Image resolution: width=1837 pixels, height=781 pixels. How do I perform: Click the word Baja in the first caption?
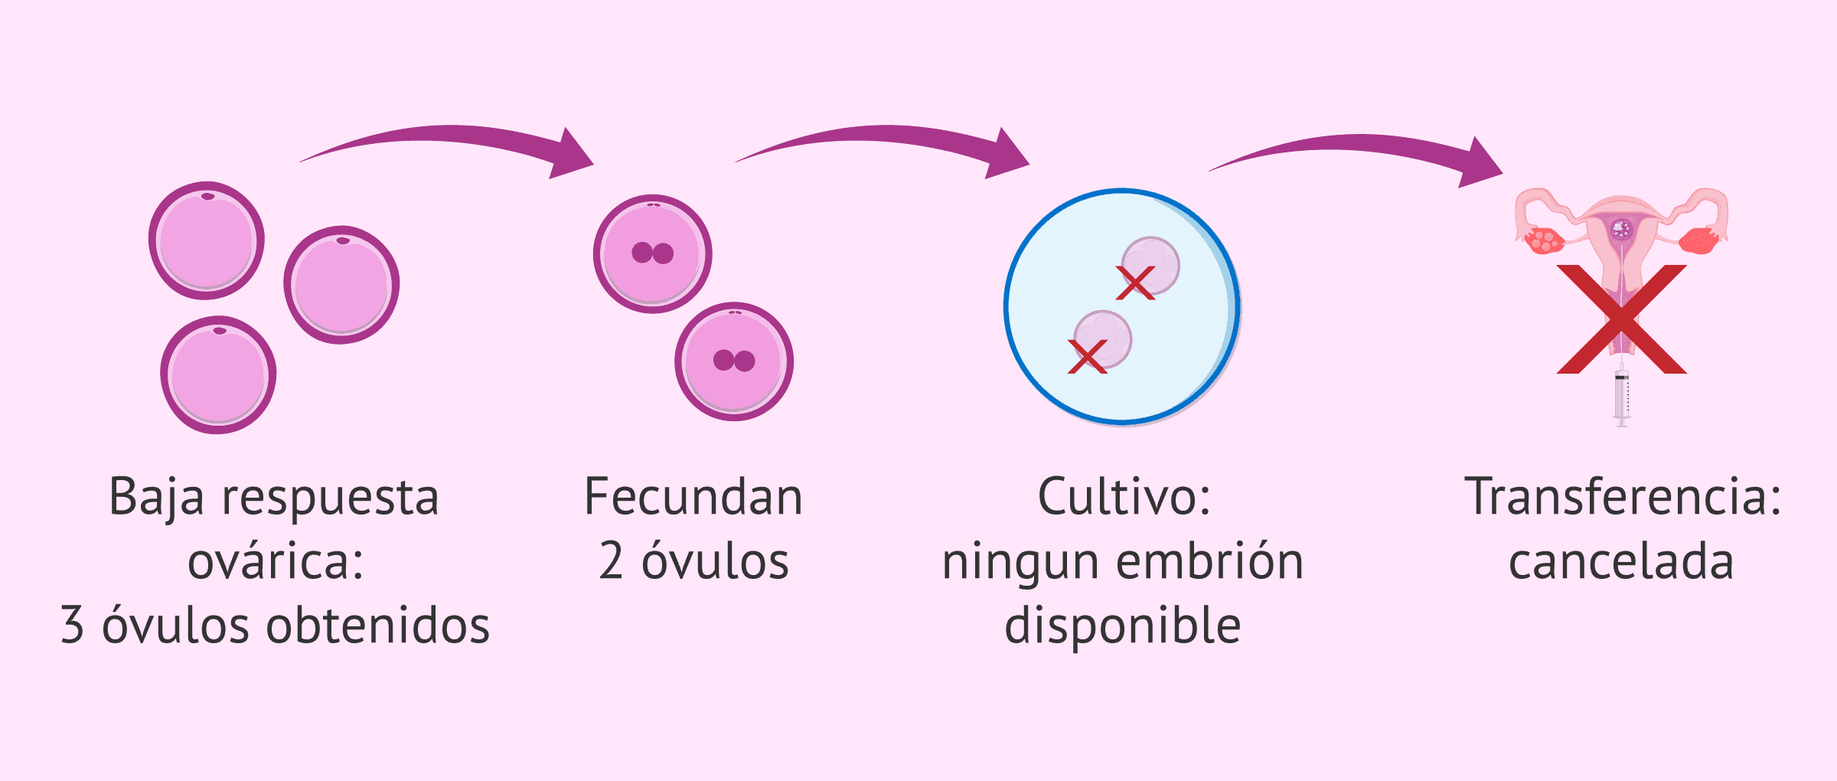[156, 498]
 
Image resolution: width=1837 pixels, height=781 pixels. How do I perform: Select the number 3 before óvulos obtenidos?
[72, 626]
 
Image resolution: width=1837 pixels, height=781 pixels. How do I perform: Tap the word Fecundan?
[693, 498]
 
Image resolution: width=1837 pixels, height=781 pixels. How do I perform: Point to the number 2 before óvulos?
[611, 561]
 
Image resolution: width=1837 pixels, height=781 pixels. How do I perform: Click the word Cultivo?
[1123, 498]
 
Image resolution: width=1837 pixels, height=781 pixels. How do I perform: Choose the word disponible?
[1122, 626]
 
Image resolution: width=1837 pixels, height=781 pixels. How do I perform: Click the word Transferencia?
[1623, 498]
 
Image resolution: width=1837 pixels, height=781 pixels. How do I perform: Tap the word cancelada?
[1621, 561]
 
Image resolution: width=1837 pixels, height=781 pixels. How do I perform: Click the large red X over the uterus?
[1621, 320]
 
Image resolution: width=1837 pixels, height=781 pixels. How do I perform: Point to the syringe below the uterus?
[1621, 397]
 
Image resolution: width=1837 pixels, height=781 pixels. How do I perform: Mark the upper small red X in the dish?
[1135, 283]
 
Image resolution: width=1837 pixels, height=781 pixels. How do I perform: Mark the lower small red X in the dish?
[1087, 357]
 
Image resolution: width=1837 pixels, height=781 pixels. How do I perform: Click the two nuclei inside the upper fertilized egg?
[652, 253]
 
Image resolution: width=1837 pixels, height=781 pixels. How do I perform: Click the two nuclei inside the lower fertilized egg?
[734, 361]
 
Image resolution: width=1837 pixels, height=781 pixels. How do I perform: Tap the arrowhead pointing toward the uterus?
[1481, 163]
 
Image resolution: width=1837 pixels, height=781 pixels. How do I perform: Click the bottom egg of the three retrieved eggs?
[218, 375]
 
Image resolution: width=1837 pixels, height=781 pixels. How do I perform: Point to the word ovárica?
[276, 561]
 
